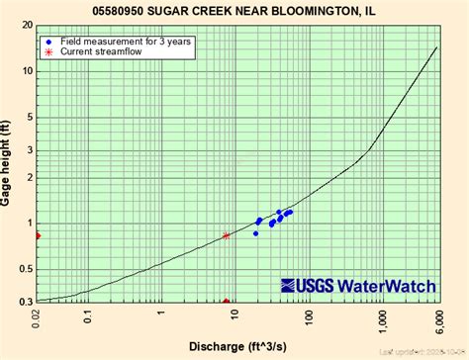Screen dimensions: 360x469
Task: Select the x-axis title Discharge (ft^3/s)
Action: pyautogui.click(x=234, y=346)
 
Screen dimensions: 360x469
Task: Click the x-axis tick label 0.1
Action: pyautogui.click(x=88, y=318)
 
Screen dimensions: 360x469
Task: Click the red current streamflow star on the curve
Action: pyautogui.click(x=227, y=235)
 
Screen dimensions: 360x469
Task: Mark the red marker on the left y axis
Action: pyautogui.click(x=38, y=235)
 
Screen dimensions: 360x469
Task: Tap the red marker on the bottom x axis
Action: pyautogui.click(x=227, y=302)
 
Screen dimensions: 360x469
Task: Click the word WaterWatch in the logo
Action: pyautogui.click(x=387, y=286)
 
